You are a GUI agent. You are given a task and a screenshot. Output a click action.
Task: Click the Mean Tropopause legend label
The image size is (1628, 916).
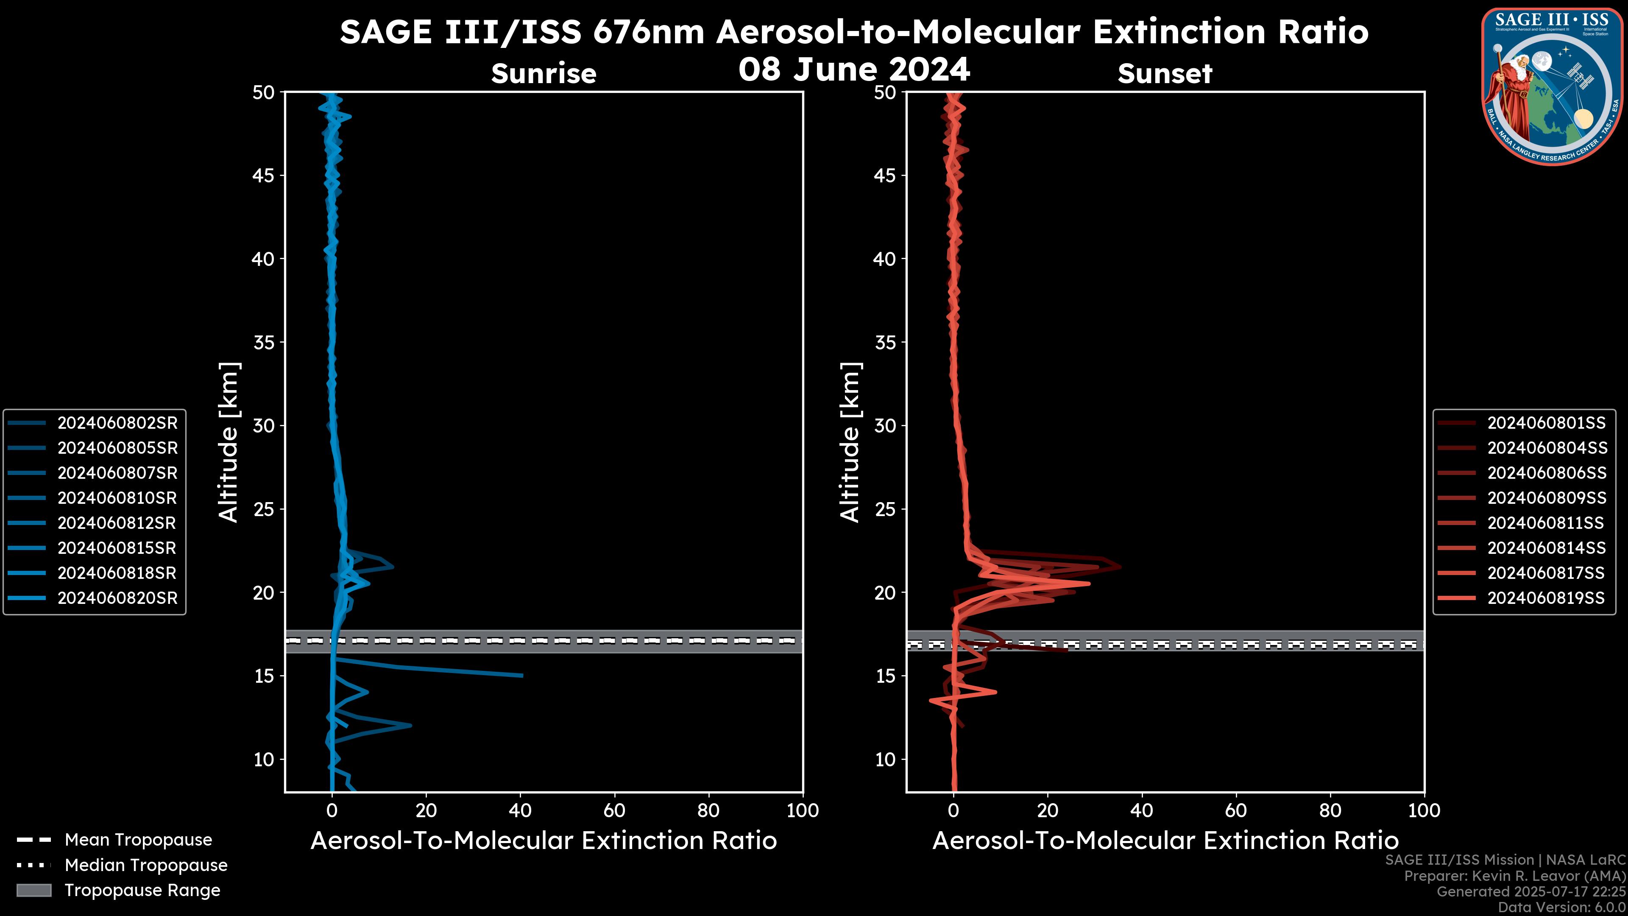click(x=138, y=840)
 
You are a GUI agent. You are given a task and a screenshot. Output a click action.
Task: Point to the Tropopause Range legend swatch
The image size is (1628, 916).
click(x=34, y=890)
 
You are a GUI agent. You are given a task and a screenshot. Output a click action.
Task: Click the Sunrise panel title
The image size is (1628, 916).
click(x=544, y=73)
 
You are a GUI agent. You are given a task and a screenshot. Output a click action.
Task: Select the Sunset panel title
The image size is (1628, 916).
click(x=1165, y=73)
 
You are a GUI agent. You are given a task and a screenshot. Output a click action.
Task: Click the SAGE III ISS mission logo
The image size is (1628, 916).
click(x=1551, y=86)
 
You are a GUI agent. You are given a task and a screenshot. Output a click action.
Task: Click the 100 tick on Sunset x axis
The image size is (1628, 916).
click(x=1424, y=810)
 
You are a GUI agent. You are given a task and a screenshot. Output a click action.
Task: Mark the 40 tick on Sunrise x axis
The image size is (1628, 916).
click(x=520, y=810)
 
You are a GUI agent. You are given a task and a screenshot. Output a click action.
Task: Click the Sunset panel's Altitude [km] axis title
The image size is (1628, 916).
click(x=850, y=442)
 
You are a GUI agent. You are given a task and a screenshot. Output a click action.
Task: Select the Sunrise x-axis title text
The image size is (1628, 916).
click(x=544, y=841)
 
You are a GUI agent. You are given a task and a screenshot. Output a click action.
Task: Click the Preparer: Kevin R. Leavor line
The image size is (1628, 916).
click(x=1515, y=876)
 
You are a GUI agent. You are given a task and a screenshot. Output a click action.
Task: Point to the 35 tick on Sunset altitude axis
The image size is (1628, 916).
click(x=885, y=342)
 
